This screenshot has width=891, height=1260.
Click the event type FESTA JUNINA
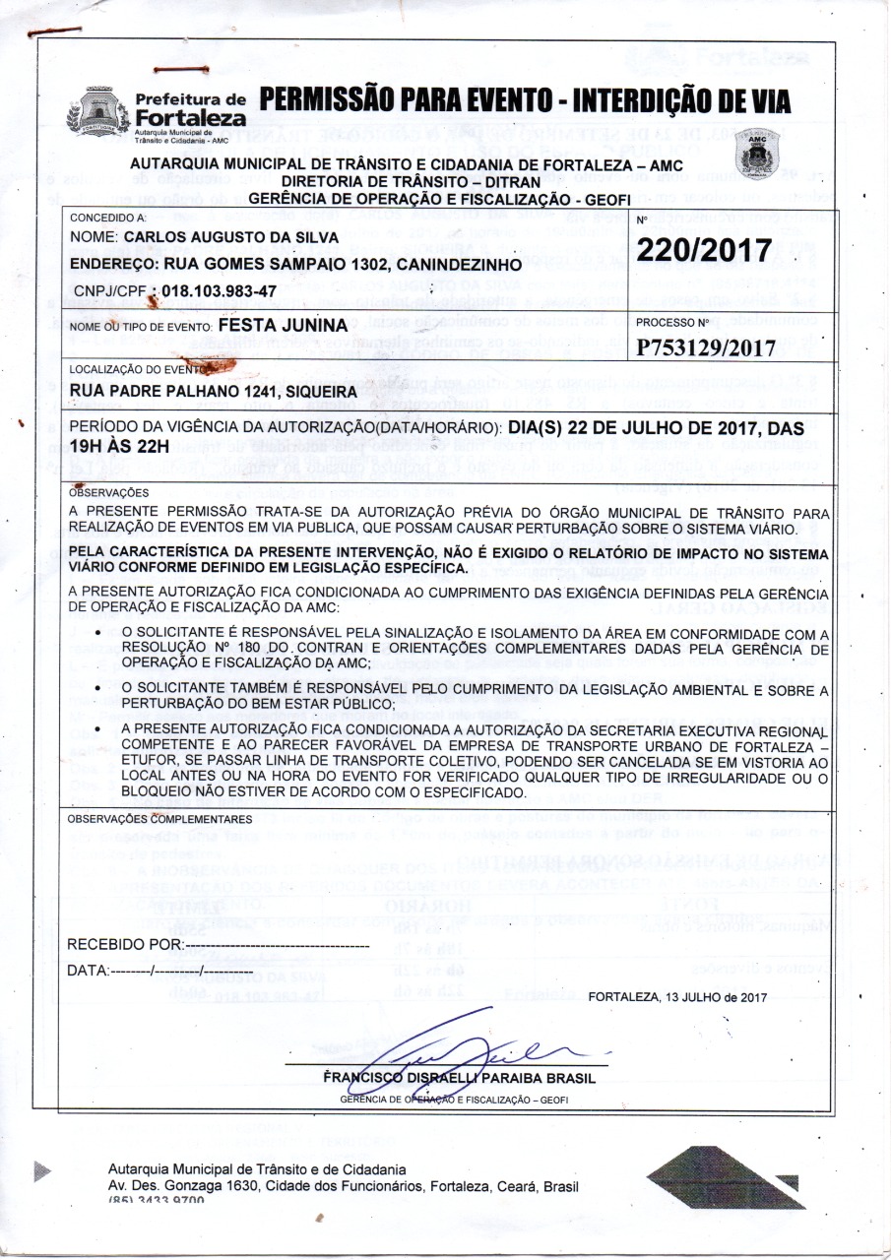click(x=282, y=324)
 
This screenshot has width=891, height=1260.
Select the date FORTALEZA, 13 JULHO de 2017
click(x=676, y=997)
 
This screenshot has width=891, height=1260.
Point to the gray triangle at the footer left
click(x=41, y=1170)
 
